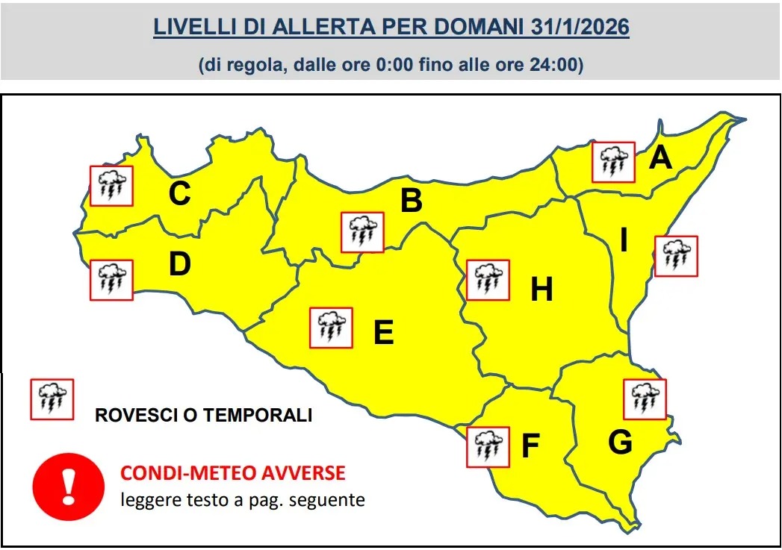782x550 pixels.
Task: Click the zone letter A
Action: coord(660,158)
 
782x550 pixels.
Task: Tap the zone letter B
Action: coord(412,201)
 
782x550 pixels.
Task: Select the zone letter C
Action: coord(179,194)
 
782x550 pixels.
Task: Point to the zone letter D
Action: coord(179,264)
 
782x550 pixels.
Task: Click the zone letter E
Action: coord(383,332)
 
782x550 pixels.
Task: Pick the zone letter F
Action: coord(530,446)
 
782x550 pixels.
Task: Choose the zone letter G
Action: coord(620,443)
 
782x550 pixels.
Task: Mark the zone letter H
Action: coord(541,290)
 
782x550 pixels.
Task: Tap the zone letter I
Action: coord(624,241)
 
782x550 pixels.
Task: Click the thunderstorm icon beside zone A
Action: coord(613,162)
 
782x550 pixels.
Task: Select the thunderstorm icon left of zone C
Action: coord(111,186)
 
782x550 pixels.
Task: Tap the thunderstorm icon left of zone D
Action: coord(111,280)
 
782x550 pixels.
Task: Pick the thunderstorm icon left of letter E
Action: coord(331,327)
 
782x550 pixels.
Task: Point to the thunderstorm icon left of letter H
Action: coord(488,280)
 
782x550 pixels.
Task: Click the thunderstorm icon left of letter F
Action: coord(488,447)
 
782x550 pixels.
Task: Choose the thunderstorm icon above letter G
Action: coord(645,399)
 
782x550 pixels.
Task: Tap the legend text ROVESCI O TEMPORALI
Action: coord(203,416)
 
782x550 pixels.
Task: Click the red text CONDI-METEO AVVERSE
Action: coord(233,473)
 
